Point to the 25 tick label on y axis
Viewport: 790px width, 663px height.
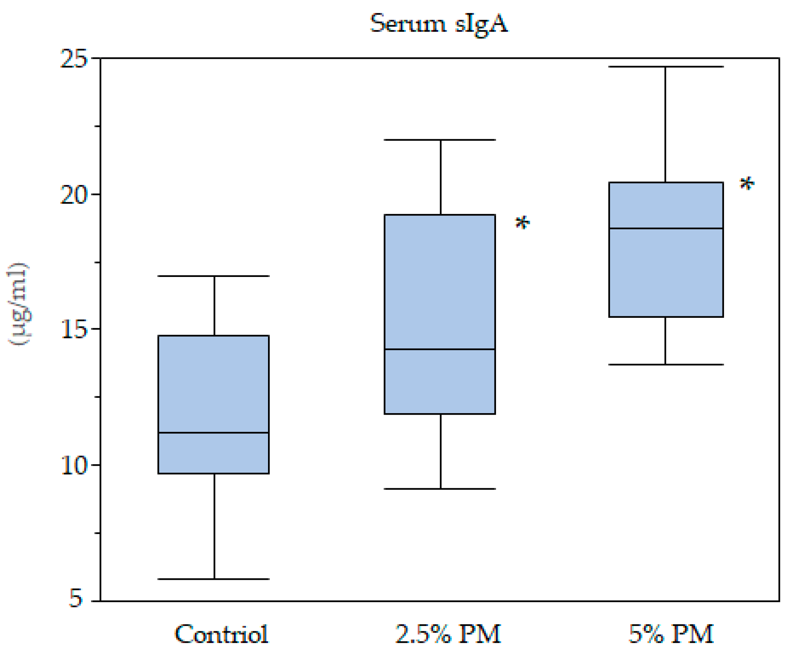coord(74,59)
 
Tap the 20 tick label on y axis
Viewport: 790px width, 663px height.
coord(74,195)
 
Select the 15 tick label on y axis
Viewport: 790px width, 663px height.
coord(74,330)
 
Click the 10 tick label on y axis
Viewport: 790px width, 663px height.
coord(74,465)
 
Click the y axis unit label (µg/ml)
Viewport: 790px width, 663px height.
coord(18,304)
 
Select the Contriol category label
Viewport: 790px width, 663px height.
coord(222,634)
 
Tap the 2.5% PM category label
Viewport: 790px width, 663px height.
coord(448,634)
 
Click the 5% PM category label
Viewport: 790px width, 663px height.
coord(671,634)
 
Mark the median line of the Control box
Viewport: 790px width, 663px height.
coord(214,433)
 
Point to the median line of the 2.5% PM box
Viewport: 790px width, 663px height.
coord(440,349)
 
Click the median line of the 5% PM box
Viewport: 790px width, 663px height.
coord(666,229)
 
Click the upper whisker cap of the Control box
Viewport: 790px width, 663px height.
coord(214,276)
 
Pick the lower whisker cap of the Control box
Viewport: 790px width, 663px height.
coord(214,579)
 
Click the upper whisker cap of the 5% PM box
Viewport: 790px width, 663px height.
coord(666,67)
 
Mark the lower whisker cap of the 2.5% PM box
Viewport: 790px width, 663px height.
coord(440,489)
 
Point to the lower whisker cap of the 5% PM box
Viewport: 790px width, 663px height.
coord(666,365)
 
